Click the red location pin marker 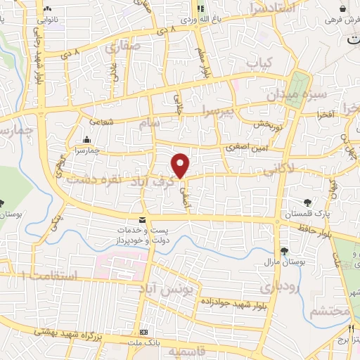pyautogui.click(x=181, y=166)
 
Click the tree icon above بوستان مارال pyautogui.click(x=285, y=251)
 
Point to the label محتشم pyautogui.click(x=329, y=310)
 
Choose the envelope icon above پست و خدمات pyautogui.click(x=143, y=221)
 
